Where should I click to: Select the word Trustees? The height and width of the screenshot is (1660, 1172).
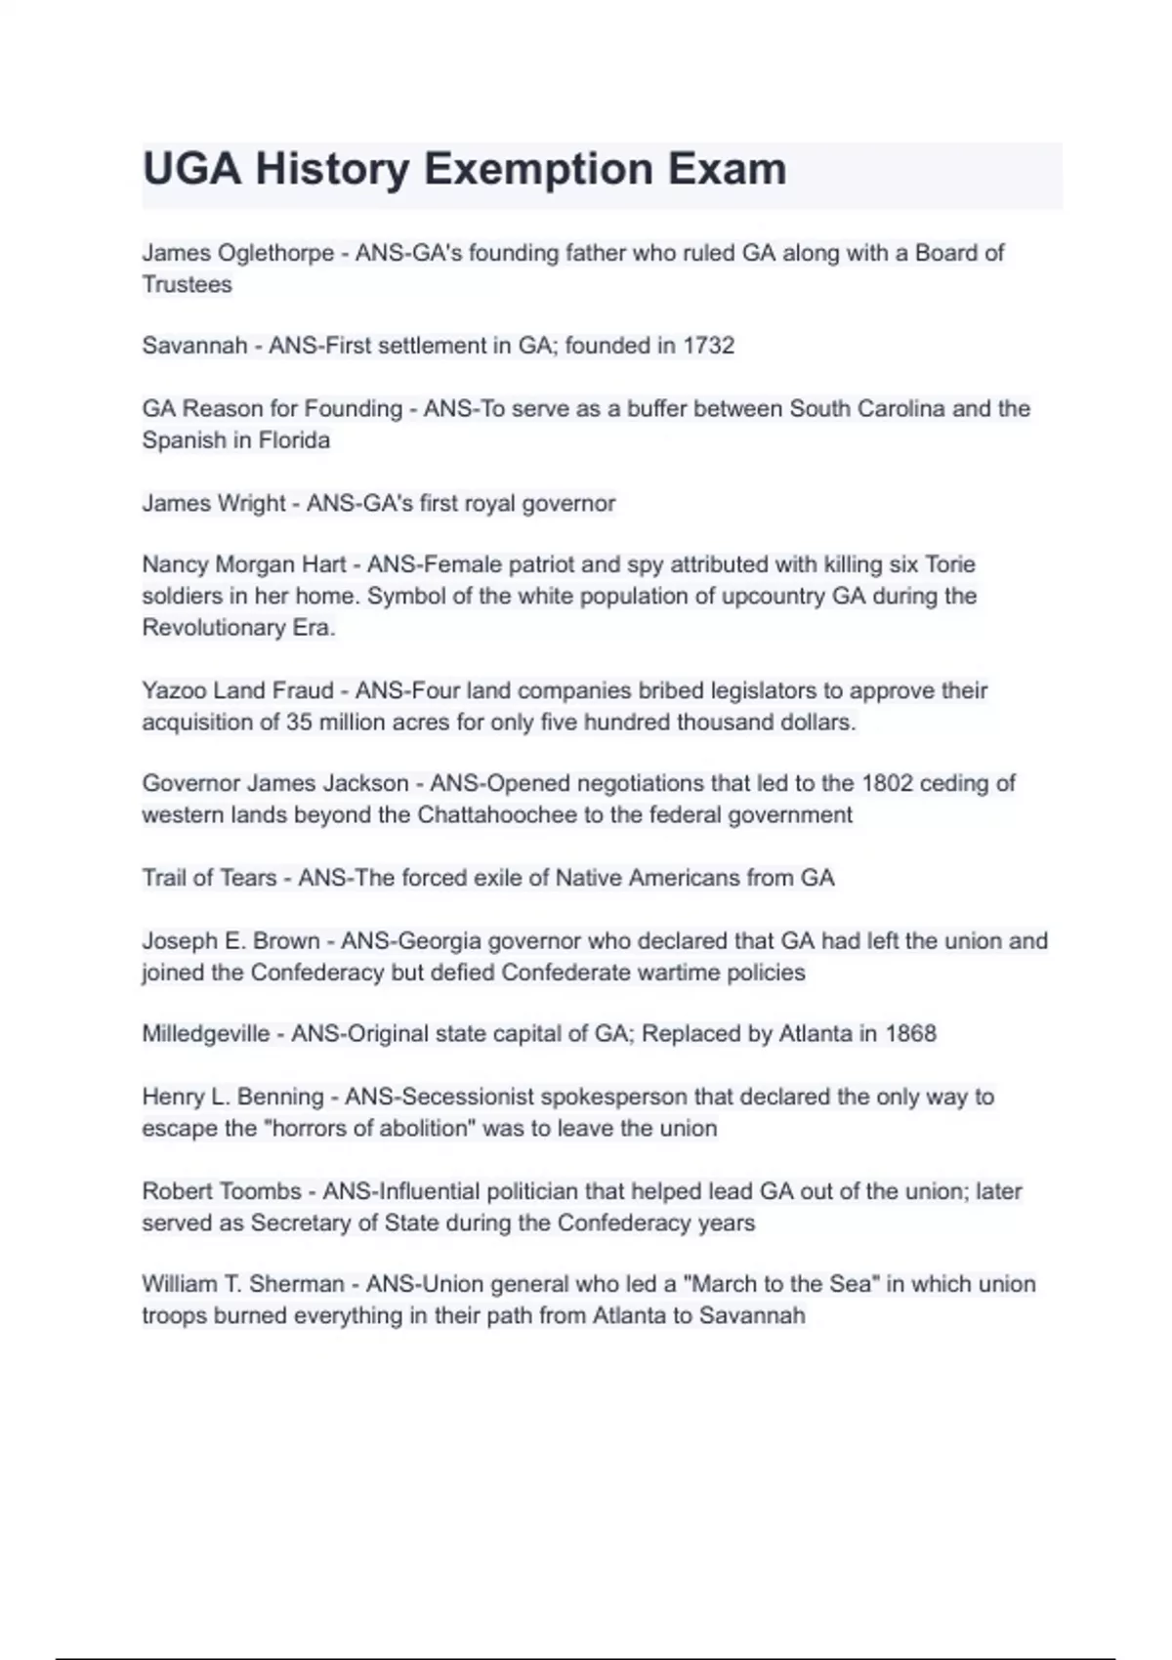188,285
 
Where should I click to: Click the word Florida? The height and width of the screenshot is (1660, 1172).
294,440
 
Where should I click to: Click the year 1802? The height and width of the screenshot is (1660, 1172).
887,783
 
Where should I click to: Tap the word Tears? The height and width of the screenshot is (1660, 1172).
248,878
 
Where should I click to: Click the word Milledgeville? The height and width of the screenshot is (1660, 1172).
205,1034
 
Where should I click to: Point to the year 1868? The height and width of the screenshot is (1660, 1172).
910,1034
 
